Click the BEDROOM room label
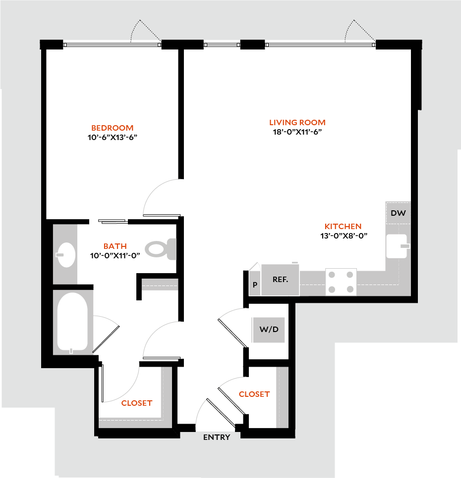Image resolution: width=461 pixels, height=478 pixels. click(112, 128)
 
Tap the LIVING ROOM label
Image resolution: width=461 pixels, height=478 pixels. click(297, 122)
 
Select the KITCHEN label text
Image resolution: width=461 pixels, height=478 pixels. click(344, 226)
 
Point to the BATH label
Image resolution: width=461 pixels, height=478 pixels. click(115, 246)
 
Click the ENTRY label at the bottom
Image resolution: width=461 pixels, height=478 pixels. click(217, 437)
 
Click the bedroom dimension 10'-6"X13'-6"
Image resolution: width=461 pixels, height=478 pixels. click(112, 137)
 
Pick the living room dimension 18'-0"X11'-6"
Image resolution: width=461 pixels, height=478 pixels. click(297, 132)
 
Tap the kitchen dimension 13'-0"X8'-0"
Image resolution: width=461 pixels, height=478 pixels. click(344, 236)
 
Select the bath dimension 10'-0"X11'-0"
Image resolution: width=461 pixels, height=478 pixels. click(115, 255)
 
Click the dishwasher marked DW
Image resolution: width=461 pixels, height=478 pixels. click(398, 213)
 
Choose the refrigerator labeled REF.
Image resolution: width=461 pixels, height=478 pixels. click(280, 280)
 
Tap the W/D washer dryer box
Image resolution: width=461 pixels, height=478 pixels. click(269, 330)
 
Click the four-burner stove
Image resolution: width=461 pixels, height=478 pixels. click(341, 282)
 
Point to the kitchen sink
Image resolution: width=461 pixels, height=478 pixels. click(397, 246)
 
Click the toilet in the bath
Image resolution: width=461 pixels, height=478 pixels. click(162, 249)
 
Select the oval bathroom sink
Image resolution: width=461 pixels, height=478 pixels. click(65, 254)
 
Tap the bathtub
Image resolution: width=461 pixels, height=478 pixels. click(72, 322)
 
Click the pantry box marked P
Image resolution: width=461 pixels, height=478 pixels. click(255, 285)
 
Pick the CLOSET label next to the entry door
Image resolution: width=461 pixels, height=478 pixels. click(254, 394)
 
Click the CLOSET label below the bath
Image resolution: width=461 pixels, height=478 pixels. click(137, 403)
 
